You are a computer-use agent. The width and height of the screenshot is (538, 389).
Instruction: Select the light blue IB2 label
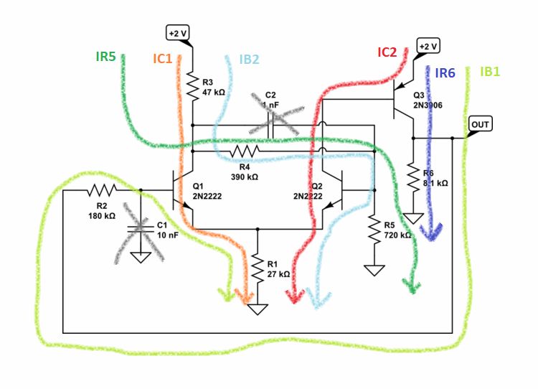click(x=248, y=60)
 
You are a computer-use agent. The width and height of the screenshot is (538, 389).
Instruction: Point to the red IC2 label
click(x=387, y=52)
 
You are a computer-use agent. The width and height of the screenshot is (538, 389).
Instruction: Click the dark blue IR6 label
click(x=445, y=73)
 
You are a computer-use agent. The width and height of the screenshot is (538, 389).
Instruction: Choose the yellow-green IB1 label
click(x=491, y=72)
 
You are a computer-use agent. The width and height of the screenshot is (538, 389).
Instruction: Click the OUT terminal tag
click(x=479, y=125)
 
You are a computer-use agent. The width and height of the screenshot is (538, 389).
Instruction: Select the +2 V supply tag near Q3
click(x=427, y=47)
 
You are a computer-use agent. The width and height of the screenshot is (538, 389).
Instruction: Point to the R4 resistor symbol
click(x=244, y=151)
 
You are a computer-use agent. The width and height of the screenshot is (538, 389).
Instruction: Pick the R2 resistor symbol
click(x=101, y=191)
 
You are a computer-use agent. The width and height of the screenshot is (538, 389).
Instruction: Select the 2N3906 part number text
click(x=428, y=105)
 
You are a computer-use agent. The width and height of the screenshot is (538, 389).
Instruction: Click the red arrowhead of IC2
click(x=292, y=294)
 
